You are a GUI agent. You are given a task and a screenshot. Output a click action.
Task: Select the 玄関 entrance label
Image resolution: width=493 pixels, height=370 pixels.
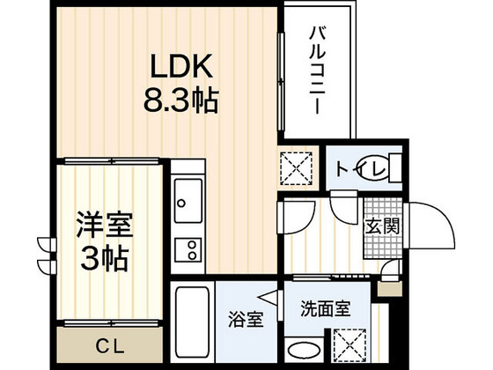381,226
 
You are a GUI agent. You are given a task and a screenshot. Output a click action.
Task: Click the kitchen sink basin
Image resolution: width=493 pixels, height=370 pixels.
187,205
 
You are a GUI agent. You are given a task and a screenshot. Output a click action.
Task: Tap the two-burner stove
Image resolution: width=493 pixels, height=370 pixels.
187,249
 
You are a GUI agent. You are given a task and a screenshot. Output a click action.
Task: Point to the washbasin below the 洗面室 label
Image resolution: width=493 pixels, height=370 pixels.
303,347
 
